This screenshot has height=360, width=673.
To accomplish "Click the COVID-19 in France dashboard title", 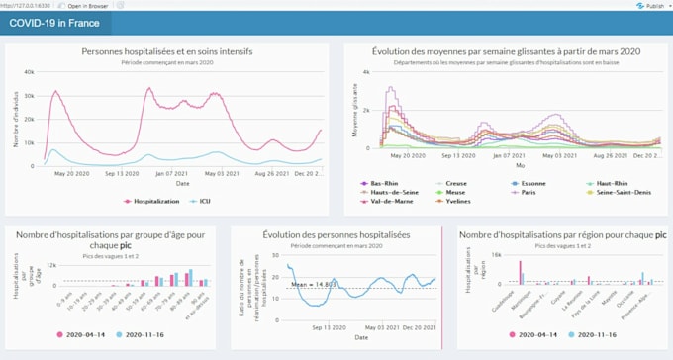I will click(x=53, y=23).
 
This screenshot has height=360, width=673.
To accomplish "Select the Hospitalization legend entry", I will click(x=153, y=201).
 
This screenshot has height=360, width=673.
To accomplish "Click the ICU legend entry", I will click(x=203, y=201).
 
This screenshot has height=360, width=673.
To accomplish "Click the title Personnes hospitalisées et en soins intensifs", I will click(x=166, y=51).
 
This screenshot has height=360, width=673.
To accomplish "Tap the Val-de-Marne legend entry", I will click(x=386, y=202).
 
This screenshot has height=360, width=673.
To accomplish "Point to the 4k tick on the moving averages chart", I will click(x=365, y=73).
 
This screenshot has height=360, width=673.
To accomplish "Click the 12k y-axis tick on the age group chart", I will click(x=50, y=264).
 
